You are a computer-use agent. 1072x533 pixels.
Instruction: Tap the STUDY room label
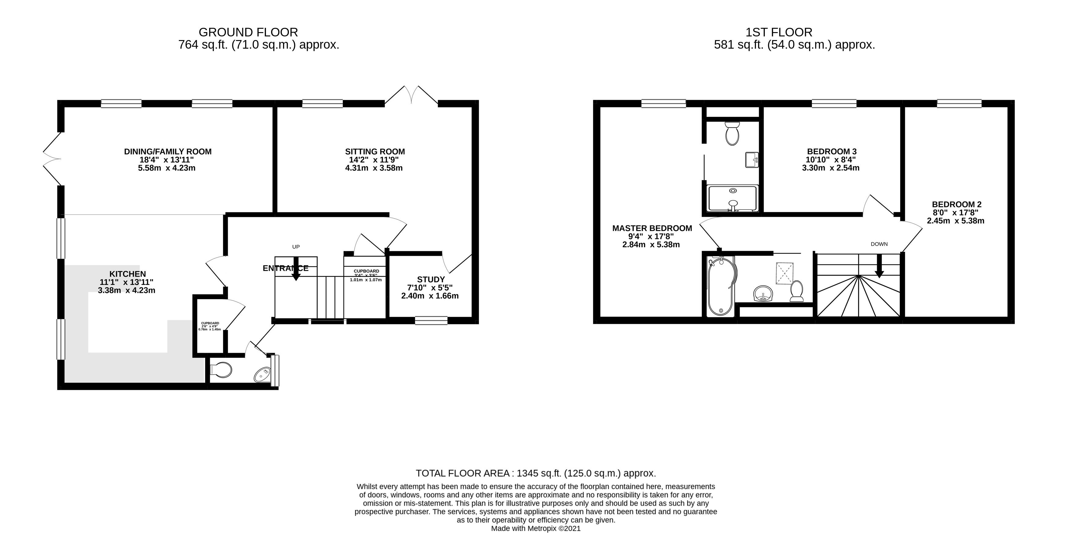click(431, 279)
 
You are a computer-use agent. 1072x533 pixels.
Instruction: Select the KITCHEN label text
click(127, 274)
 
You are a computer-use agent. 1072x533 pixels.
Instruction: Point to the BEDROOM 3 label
click(831, 151)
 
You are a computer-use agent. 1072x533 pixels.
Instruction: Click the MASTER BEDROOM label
click(652, 228)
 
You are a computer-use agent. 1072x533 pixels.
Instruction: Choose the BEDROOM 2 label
click(957, 204)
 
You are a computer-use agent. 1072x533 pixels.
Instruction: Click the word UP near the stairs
click(296, 247)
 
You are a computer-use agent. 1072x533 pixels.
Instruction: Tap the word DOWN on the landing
click(879, 244)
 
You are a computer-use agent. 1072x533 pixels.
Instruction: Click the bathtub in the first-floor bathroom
click(721, 286)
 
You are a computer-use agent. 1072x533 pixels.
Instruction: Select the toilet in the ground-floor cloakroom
click(221, 370)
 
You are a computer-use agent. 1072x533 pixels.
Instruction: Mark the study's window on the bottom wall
click(431, 320)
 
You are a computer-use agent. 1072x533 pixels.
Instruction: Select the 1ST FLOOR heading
click(779, 32)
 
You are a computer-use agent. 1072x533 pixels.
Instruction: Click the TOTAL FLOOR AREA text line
click(536, 473)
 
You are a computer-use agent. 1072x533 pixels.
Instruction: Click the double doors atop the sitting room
click(411, 95)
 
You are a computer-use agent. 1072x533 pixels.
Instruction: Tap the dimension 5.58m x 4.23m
click(167, 168)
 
